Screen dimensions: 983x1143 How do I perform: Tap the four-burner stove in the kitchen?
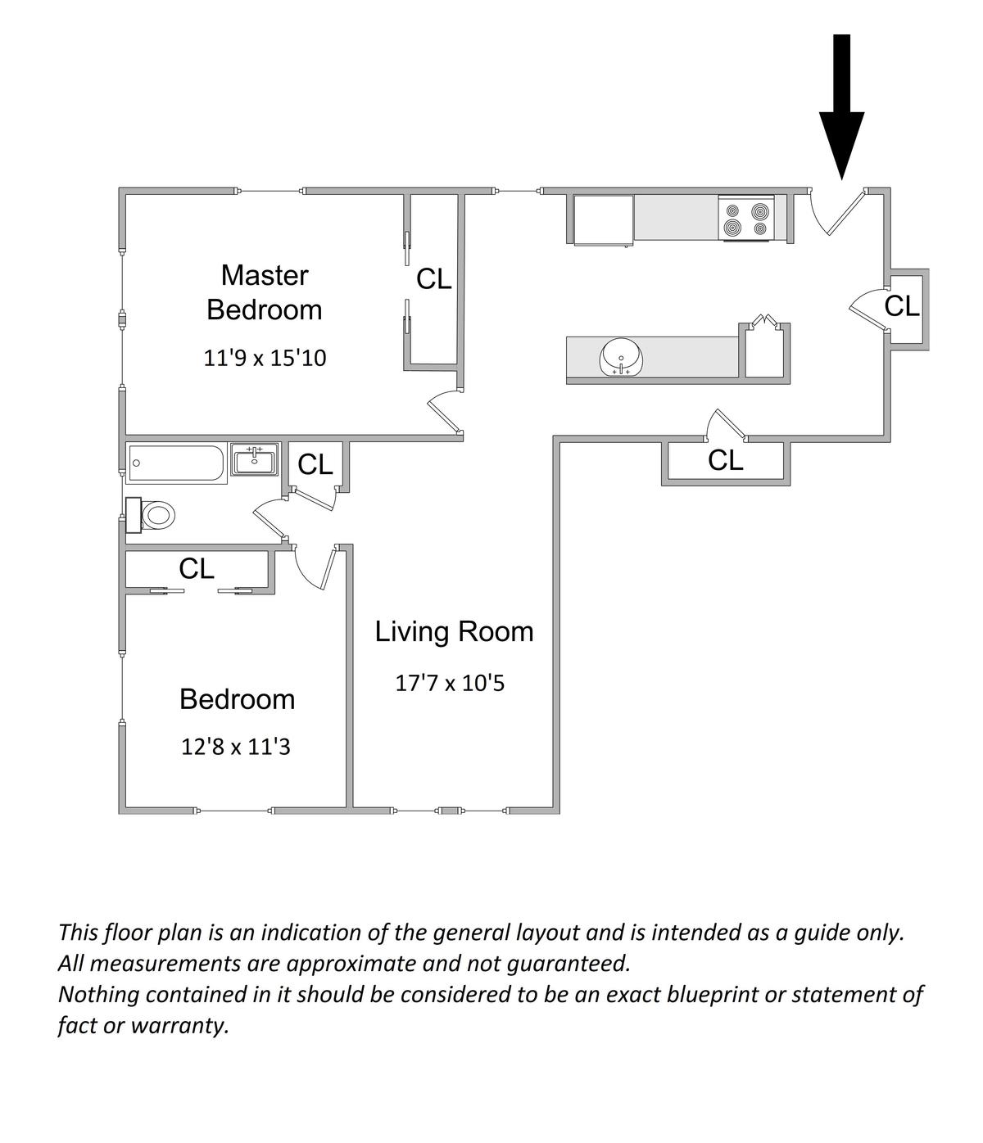point(745,219)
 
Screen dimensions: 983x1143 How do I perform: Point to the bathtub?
point(177,463)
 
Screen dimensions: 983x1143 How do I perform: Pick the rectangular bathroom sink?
point(255,460)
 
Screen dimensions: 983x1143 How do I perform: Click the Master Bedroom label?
point(264,292)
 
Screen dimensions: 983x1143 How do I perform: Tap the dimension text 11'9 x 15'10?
point(264,358)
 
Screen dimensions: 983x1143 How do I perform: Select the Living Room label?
point(454,631)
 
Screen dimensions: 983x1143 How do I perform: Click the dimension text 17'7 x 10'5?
point(450,682)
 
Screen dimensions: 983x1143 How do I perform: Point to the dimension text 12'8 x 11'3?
point(236,747)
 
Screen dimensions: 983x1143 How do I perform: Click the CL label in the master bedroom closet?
point(433,279)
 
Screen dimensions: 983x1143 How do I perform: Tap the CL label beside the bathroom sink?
point(315,465)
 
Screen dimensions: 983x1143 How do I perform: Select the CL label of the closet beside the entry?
point(902,306)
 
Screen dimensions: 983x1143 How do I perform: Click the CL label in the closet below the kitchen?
point(725,461)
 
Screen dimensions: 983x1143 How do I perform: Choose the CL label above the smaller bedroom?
point(197,568)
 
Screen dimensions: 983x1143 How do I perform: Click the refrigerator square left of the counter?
point(603,219)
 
